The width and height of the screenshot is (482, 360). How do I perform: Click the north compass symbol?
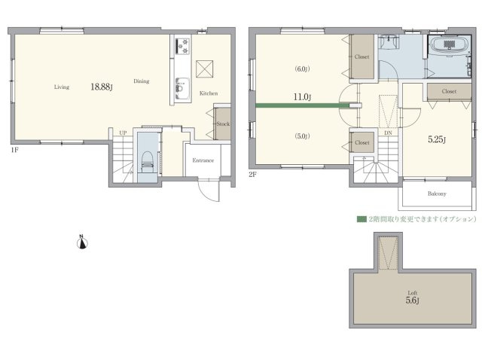click(x=82, y=242)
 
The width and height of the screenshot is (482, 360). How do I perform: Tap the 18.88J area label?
click(x=102, y=87)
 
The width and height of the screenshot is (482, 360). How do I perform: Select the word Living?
click(x=62, y=87)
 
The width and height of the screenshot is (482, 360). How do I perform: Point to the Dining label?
click(x=142, y=81)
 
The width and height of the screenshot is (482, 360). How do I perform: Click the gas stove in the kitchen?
click(x=182, y=46)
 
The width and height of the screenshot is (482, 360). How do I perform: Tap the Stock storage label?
click(x=223, y=124)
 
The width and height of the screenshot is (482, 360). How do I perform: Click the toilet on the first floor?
click(x=148, y=161)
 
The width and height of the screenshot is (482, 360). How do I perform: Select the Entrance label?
click(x=203, y=160)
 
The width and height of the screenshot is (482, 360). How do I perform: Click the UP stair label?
click(x=123, y=133)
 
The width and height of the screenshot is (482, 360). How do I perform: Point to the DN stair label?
click(x=389, y=133)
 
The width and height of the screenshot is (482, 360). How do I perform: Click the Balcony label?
click(x=437, y=194)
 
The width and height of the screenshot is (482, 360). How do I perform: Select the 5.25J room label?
click(x=437, y=139)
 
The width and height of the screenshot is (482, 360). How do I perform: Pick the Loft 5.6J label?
click(x=412, y=297)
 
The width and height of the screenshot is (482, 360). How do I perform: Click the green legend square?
click(x=361, y=219)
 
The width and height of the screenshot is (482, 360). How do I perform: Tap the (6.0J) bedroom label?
click(x=302, y=69)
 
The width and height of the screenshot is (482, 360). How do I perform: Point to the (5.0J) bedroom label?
click(x=302, y=136)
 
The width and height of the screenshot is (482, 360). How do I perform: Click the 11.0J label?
click(x=302, y=97)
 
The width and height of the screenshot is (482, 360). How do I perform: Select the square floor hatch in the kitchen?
click(x=204, y=69)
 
